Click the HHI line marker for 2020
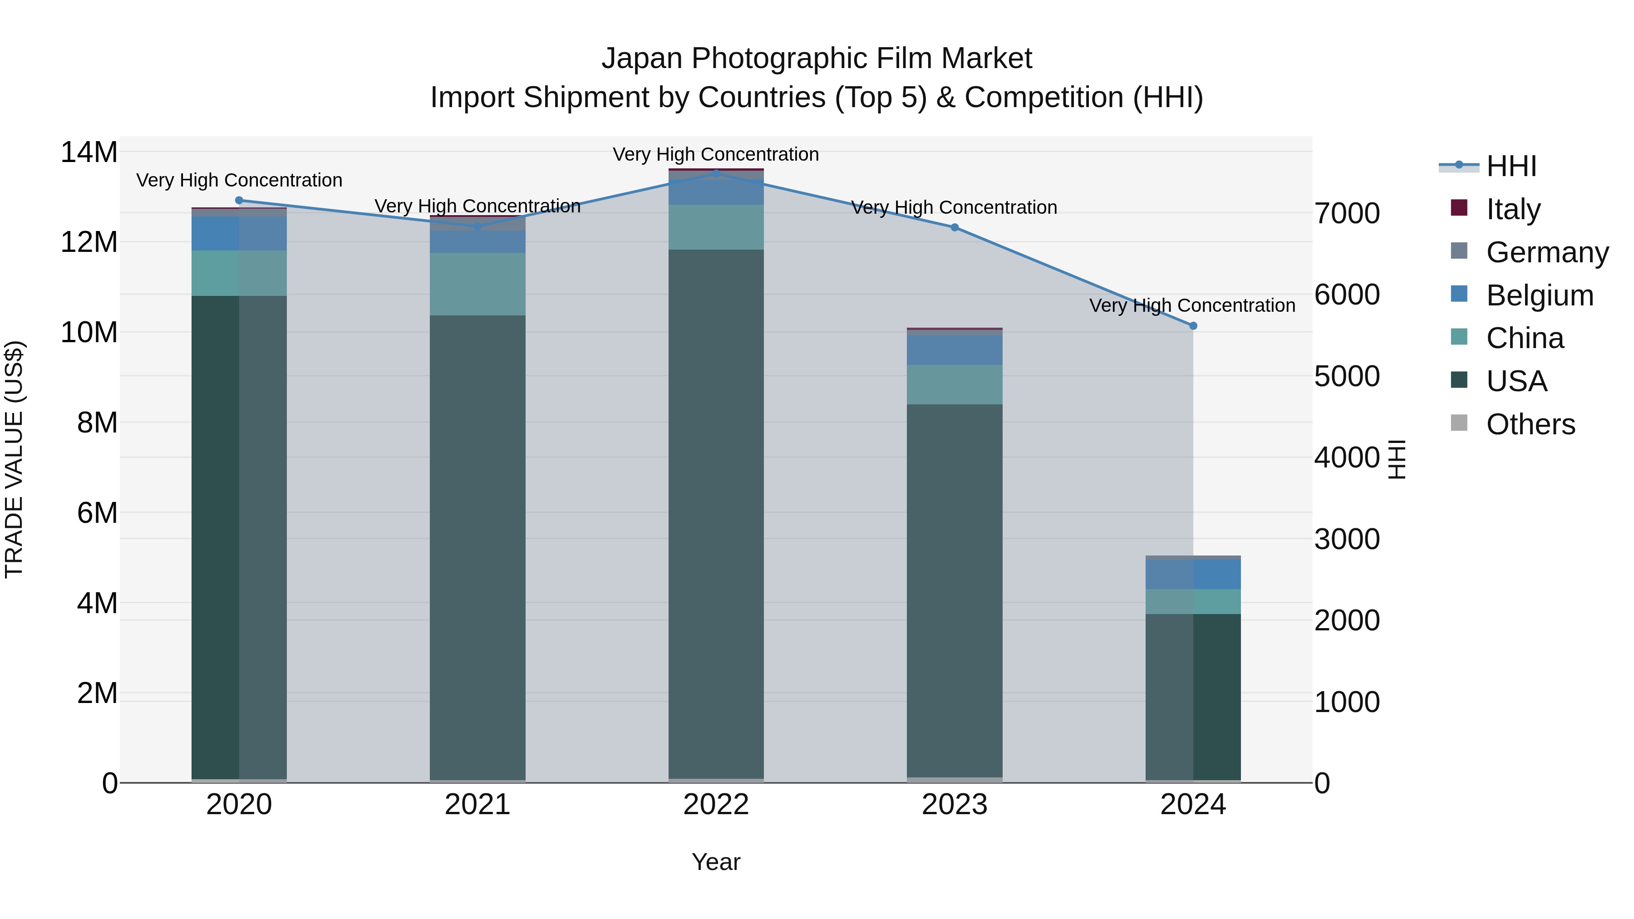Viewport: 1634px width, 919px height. [x=239, y=201]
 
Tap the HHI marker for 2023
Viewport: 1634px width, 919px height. [x=954, y=228]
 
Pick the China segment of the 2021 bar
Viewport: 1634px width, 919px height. [x=477, y=284]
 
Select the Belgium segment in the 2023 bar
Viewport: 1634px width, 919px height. [x=954, y=350]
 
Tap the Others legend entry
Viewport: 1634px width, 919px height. [x=1530, y=424]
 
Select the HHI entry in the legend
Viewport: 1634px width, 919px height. [x=1511, y=166]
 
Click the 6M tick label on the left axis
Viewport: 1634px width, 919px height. [x=97, y=512]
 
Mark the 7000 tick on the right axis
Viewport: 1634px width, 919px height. [x=1347, y=213]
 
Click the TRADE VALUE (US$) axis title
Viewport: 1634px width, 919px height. [x=14, y=459]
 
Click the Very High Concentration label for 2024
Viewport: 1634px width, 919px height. [x=1192, y=306]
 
